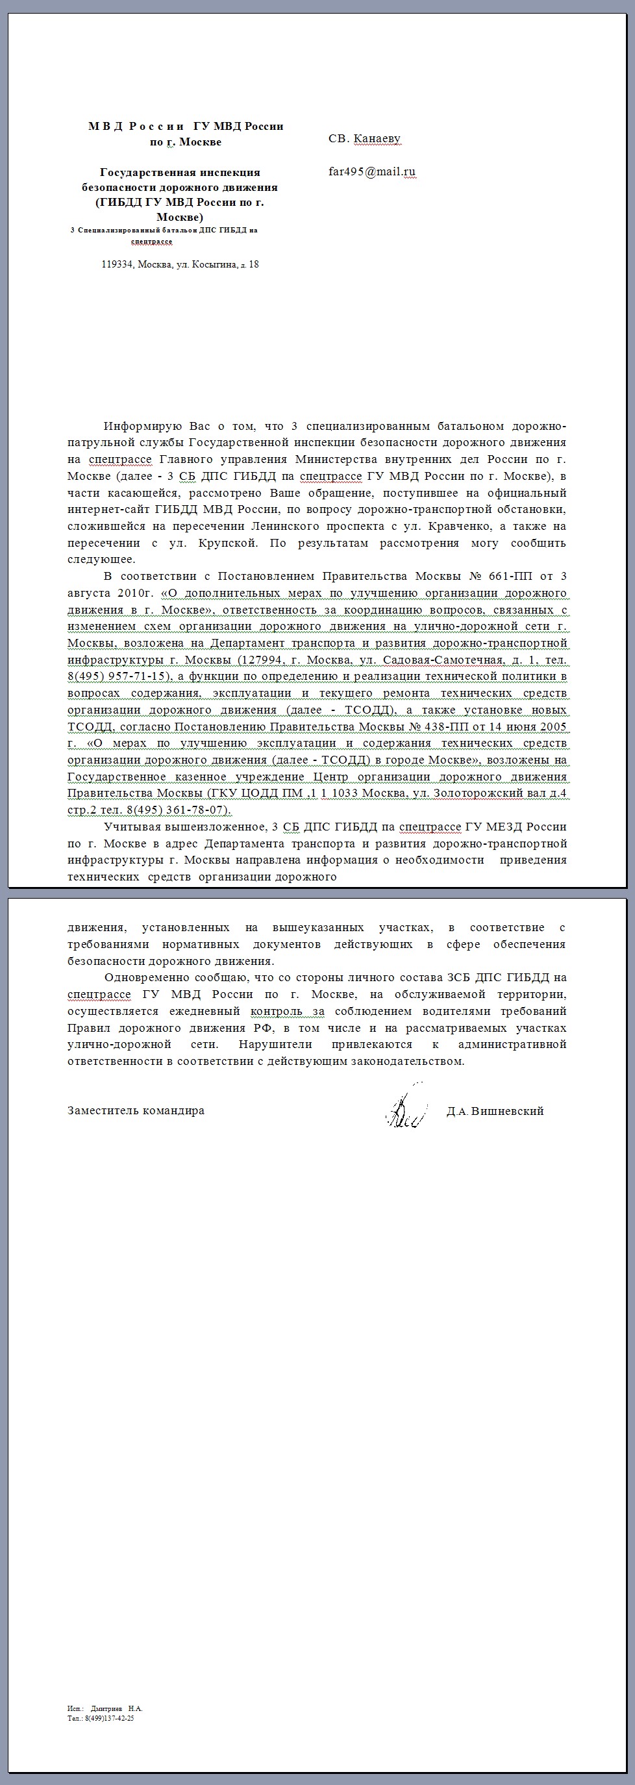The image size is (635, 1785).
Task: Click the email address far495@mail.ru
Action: tap(371, 172)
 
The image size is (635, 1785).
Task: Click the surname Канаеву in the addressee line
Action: tap(377, 138)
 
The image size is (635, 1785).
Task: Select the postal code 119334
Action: tap(117, 264)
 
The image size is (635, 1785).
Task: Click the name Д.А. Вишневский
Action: tap(495, 1111)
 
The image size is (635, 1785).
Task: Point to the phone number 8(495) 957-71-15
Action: tap(119, 677)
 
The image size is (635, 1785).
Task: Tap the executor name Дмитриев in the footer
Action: tap(106, 1708)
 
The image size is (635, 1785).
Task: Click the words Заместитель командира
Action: tap(136, 1111)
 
